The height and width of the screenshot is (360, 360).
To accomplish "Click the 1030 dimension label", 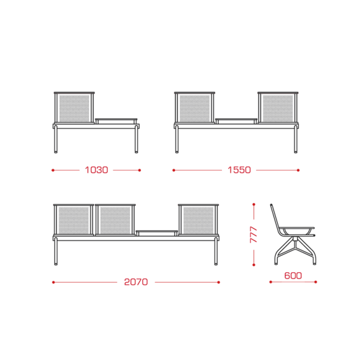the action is click(97, 170).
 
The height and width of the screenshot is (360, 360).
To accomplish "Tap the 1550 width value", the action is click(239, 170).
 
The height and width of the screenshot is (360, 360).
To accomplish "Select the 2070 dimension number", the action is click(136, 282).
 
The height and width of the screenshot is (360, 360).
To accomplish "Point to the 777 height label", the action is click(253, 235).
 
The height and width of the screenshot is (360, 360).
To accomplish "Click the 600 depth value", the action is click(293, 275).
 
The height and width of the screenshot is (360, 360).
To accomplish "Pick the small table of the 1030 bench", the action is click(116, 121).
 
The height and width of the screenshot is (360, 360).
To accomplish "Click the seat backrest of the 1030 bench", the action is click(74, 108).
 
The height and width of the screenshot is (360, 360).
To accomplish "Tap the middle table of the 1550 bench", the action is click(236, 121).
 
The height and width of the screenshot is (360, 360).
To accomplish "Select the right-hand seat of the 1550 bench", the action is click(278, 108).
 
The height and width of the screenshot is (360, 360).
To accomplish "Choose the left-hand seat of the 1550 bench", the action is click(195, 108).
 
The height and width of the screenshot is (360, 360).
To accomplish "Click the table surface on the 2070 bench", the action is click(157, 233).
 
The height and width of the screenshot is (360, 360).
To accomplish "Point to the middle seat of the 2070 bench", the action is click(115, 220).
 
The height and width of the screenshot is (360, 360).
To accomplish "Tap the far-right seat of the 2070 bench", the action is click(198, 220).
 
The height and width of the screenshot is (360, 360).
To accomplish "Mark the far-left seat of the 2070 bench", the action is click(73, 220).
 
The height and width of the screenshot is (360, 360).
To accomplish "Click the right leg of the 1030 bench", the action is click(136, 139).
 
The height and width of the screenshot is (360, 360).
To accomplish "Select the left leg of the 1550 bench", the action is click(177, 139).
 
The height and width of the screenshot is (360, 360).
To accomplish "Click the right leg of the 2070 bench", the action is click(216, 251).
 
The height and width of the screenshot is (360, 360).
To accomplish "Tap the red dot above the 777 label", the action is click(253, 204).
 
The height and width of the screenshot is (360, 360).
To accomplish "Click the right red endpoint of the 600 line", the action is click(316, 282).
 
